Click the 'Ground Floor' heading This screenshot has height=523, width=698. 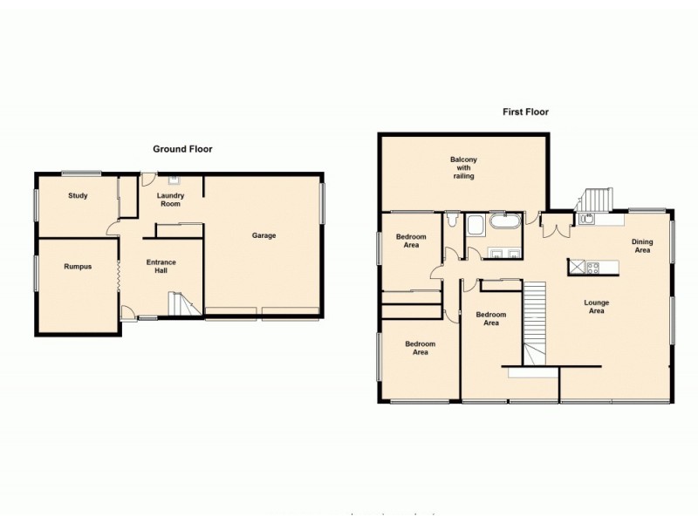coord(182,149)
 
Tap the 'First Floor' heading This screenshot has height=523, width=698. coord(524,112)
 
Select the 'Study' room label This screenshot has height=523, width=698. coord(78,195)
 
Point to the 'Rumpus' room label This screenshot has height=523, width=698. coord(78,267)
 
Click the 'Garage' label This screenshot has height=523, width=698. coord(263,235)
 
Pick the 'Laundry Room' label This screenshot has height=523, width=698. coord(169,200)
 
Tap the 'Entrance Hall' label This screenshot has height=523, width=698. coord(161,266)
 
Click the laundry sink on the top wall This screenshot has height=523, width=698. coord(173,180)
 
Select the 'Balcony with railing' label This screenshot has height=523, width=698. coord(463,166)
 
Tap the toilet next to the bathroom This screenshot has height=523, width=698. coord(450,222)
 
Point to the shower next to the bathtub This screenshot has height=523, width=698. coord(476,227)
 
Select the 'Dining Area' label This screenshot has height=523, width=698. coord(643,246)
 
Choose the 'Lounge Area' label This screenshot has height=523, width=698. coord(596,306)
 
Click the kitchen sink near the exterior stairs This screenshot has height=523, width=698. coord(585,219)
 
